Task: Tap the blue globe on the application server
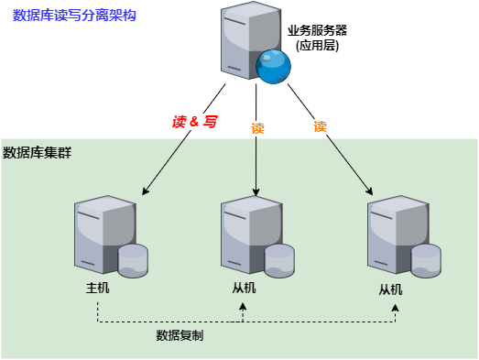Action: pyautogui.click(x=272, y=66)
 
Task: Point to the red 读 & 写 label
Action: pyautogui.click(x=194, y=121)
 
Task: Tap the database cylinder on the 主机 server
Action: pyautogui.click(x=133, y=259)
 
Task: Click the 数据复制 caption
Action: pyautogui.click(x=180, y=335)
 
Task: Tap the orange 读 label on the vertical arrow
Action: pyautogui.click(x=257, y=129)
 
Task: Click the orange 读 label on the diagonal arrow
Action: pyautogui.click(x=321, y=127)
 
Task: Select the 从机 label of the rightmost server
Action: pyautogui.click(x=391, y=289)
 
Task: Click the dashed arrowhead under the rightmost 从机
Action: pyautogui.click(x=396, y=306)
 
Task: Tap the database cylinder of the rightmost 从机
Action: pyautogui.click(x=426, y=260)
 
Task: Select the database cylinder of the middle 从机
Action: pyautogui.click(x=279, y=260)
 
